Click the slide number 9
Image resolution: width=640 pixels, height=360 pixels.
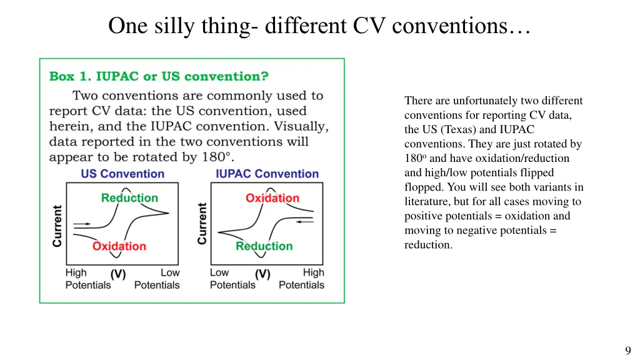click(627, 351)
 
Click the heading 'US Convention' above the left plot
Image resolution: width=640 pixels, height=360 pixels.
click(122, 174)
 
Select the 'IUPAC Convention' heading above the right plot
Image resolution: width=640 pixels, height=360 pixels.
click(267, 174)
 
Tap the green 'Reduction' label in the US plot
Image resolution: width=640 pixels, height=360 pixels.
click(129, 198)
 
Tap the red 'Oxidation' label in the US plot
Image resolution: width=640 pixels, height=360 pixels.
click(119, 246)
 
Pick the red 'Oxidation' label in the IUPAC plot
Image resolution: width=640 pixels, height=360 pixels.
click(272, 198)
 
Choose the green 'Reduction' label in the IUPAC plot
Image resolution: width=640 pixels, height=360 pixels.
click(264, 246)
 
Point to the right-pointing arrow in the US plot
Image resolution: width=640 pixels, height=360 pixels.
click(82, 223)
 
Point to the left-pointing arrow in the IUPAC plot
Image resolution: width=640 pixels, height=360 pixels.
click(305, 221)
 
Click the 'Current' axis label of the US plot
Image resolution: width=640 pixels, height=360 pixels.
click(57, 226)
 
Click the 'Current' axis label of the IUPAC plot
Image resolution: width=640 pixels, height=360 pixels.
click(202, 223)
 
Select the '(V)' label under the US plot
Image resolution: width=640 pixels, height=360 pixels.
click(118, 274)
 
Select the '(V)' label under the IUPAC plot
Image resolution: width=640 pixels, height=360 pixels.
click(262, 274)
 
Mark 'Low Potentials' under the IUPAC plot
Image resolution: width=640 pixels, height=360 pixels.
click(232, 279)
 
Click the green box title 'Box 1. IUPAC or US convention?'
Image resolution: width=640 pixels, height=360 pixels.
click(159, 77)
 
